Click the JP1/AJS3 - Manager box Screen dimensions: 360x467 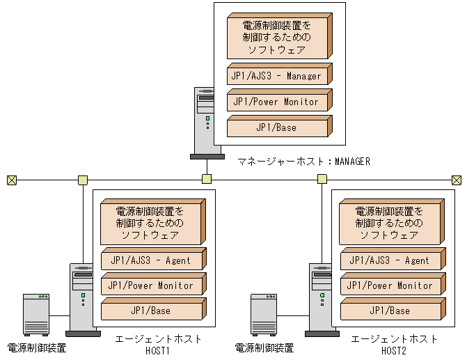(x=277, y=76)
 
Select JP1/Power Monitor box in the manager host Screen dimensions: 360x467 (x=277, y=102)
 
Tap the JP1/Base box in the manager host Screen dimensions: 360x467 (x=277, y=127)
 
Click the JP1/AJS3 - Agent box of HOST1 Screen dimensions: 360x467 (x=151, y=260)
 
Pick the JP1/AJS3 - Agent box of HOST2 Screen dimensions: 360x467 (x=389, y=260)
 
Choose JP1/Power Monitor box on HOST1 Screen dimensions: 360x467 (x=151, y=285)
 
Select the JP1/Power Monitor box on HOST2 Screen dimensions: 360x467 (x=389, y=285)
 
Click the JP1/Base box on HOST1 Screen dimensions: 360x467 (x=151, y=311)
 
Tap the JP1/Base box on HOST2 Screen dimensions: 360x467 (x=389, y=311)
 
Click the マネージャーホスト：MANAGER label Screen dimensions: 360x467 (x=303, y=162)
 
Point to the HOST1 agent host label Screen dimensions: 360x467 (x=158, y=345)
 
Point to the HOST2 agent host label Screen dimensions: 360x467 (x=394, y=345)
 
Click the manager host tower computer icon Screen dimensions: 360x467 (x=206, y=121)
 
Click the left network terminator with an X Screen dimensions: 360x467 (x=11, y=180)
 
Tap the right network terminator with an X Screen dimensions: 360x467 (x=457, y=180)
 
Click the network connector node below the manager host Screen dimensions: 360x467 (x=206, y=180)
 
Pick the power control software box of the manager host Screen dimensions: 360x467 (x=277, y=38)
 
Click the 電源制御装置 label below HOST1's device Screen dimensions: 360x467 (x=37, y=347)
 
